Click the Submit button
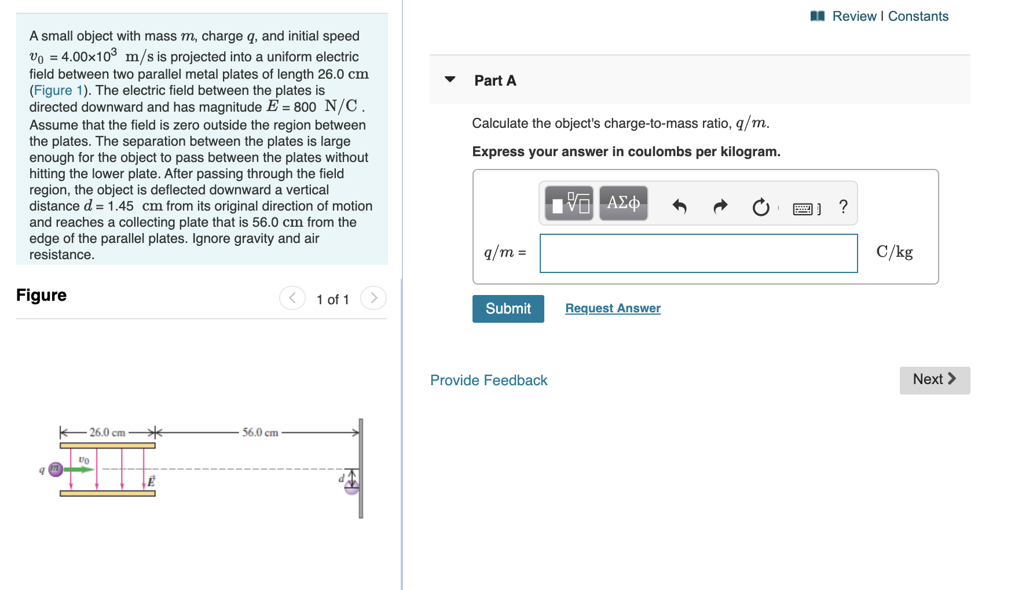508,309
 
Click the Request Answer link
613,308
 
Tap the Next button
934,380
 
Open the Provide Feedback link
489,380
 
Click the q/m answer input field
698,253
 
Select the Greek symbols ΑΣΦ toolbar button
623,203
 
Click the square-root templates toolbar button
569,203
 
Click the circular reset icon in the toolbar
760,207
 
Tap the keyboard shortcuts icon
803,208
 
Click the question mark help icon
843,207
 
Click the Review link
854,16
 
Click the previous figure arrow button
292,298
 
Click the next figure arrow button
373,298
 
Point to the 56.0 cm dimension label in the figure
260,433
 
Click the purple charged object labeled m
56,469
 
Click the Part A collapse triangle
450,79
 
